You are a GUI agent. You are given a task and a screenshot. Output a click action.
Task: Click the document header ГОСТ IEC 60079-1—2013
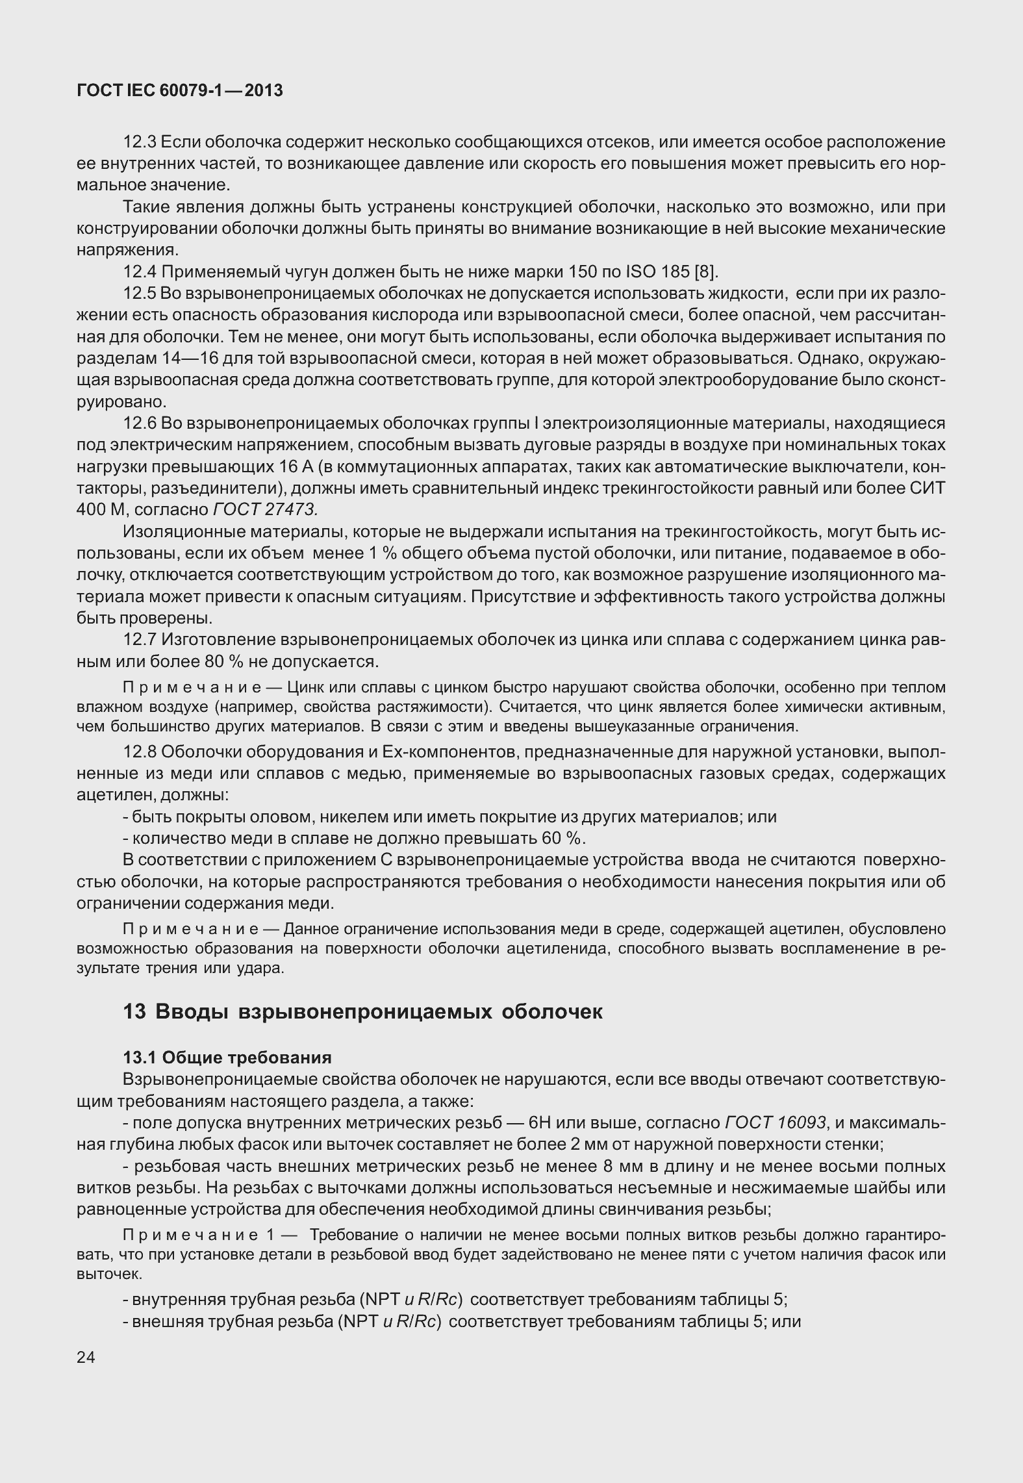(180, 91)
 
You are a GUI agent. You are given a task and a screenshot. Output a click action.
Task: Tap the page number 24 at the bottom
(86, 1357)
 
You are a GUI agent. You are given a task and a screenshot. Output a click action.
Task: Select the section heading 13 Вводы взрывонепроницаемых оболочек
(362, 1011)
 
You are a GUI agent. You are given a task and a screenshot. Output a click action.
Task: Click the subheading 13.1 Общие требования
(227, 1058)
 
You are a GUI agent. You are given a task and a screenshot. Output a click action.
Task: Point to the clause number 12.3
(140, 142)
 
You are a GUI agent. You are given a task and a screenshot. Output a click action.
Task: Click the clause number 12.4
(140, 272)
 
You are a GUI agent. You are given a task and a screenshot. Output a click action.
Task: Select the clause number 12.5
(140, 294)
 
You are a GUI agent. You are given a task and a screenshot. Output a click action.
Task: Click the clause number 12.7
(140, 640)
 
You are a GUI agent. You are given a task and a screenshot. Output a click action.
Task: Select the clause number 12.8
(140, 752)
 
